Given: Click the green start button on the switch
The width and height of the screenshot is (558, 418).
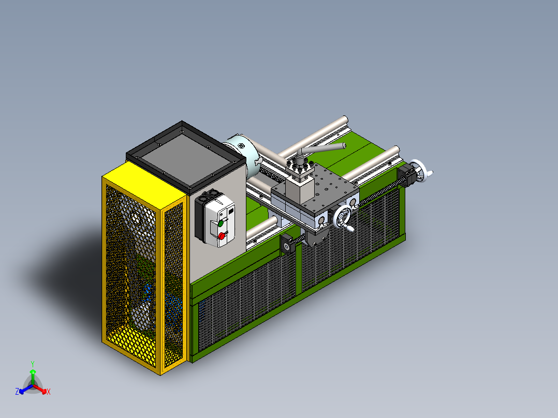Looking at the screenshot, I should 221,223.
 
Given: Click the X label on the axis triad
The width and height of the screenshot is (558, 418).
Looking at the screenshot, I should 49,392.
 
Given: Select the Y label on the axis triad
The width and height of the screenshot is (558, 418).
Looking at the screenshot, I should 32,364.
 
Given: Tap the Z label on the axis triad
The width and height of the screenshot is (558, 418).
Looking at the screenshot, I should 17,392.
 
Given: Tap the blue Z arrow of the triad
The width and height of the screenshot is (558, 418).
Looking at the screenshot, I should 24,389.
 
